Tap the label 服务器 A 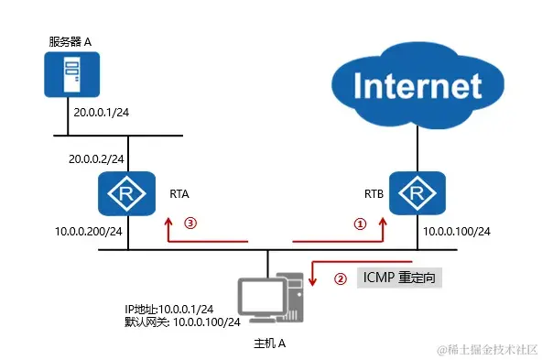coord(72,41)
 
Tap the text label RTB coord(374,194)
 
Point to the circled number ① coord(360,223)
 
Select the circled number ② coord(340,279)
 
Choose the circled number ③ coord(190,223)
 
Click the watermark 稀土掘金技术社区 coord(490,350)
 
